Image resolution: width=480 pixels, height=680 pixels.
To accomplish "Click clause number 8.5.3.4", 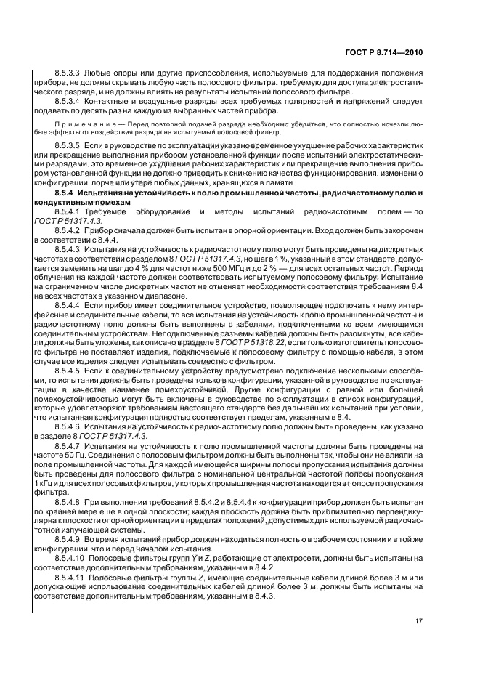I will (68, 102).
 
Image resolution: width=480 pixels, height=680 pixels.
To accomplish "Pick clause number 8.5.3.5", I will (68, 146).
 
